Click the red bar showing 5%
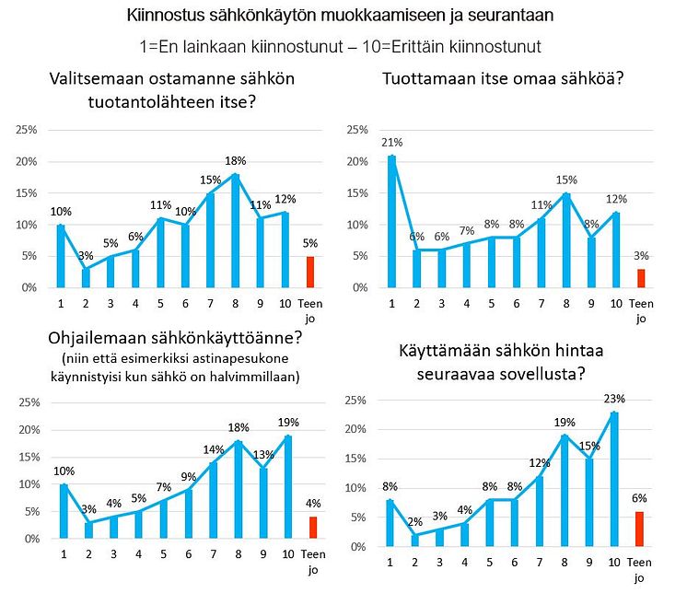310,272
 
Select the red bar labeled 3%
641,278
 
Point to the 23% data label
615,399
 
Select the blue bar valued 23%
615,479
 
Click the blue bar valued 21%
392,221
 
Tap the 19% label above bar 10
286,422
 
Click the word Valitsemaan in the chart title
92,79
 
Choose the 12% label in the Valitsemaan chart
286,200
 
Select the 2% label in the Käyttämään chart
416,521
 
